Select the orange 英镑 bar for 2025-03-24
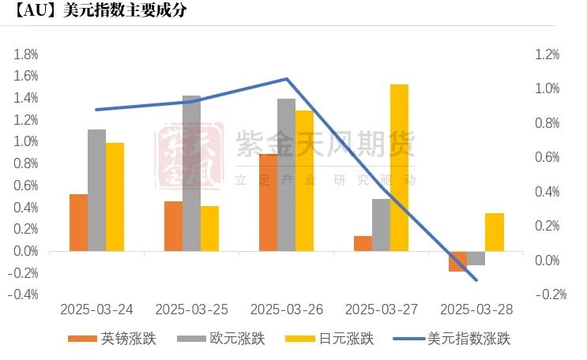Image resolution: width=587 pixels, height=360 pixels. coord(78,223)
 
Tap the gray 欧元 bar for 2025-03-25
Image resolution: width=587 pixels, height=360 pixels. coord(191,174)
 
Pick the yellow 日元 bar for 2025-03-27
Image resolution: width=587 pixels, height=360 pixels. coord(399,167)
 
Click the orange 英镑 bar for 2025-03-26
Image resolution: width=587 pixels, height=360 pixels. coord(268,203)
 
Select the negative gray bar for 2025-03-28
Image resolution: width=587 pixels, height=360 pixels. coord(476,258)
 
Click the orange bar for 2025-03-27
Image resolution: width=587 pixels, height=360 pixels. coord(363,243)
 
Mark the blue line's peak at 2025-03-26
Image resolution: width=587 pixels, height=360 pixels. coord(285,79)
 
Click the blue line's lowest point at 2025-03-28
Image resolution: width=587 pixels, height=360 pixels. coord(476,279)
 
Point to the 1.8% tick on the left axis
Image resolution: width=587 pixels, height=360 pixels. coord(26,54)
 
